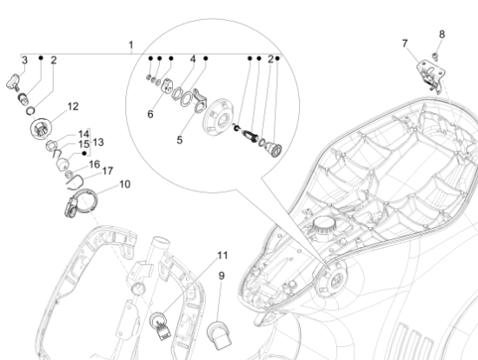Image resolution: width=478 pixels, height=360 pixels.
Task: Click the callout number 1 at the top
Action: [130, 45]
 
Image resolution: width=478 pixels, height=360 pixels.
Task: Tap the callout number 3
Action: [24, 60]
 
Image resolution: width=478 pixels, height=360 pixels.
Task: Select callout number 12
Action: [73, 106]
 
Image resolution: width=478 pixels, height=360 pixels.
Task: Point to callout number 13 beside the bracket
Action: [98, 142]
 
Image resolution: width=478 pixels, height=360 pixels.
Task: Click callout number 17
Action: [107, 170]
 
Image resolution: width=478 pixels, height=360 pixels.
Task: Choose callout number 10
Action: [124, 184]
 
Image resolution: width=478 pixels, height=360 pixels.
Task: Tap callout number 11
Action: [222, 256]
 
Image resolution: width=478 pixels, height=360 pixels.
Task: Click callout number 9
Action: [222, 276]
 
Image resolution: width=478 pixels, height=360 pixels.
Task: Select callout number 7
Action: [404, 43]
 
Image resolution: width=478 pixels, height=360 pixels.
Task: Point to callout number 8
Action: [441, 34]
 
